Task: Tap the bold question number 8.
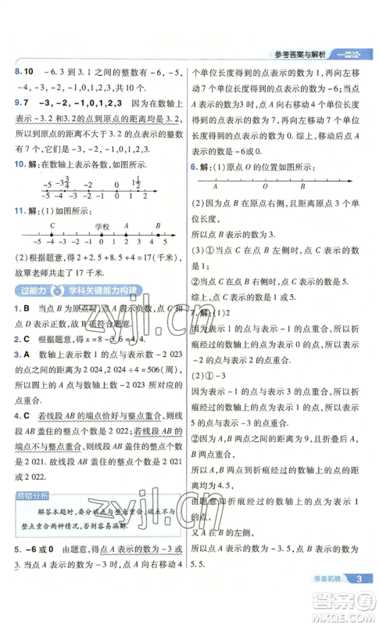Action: click(x=19, y=71)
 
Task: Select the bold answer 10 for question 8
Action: click(x=33, y=71)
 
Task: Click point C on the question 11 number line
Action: click(x=52, y=225)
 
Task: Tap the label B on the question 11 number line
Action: click(x=158, y=225)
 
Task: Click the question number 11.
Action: click(x=22, y=211)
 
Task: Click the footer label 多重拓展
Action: click(x=320, y=600)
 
